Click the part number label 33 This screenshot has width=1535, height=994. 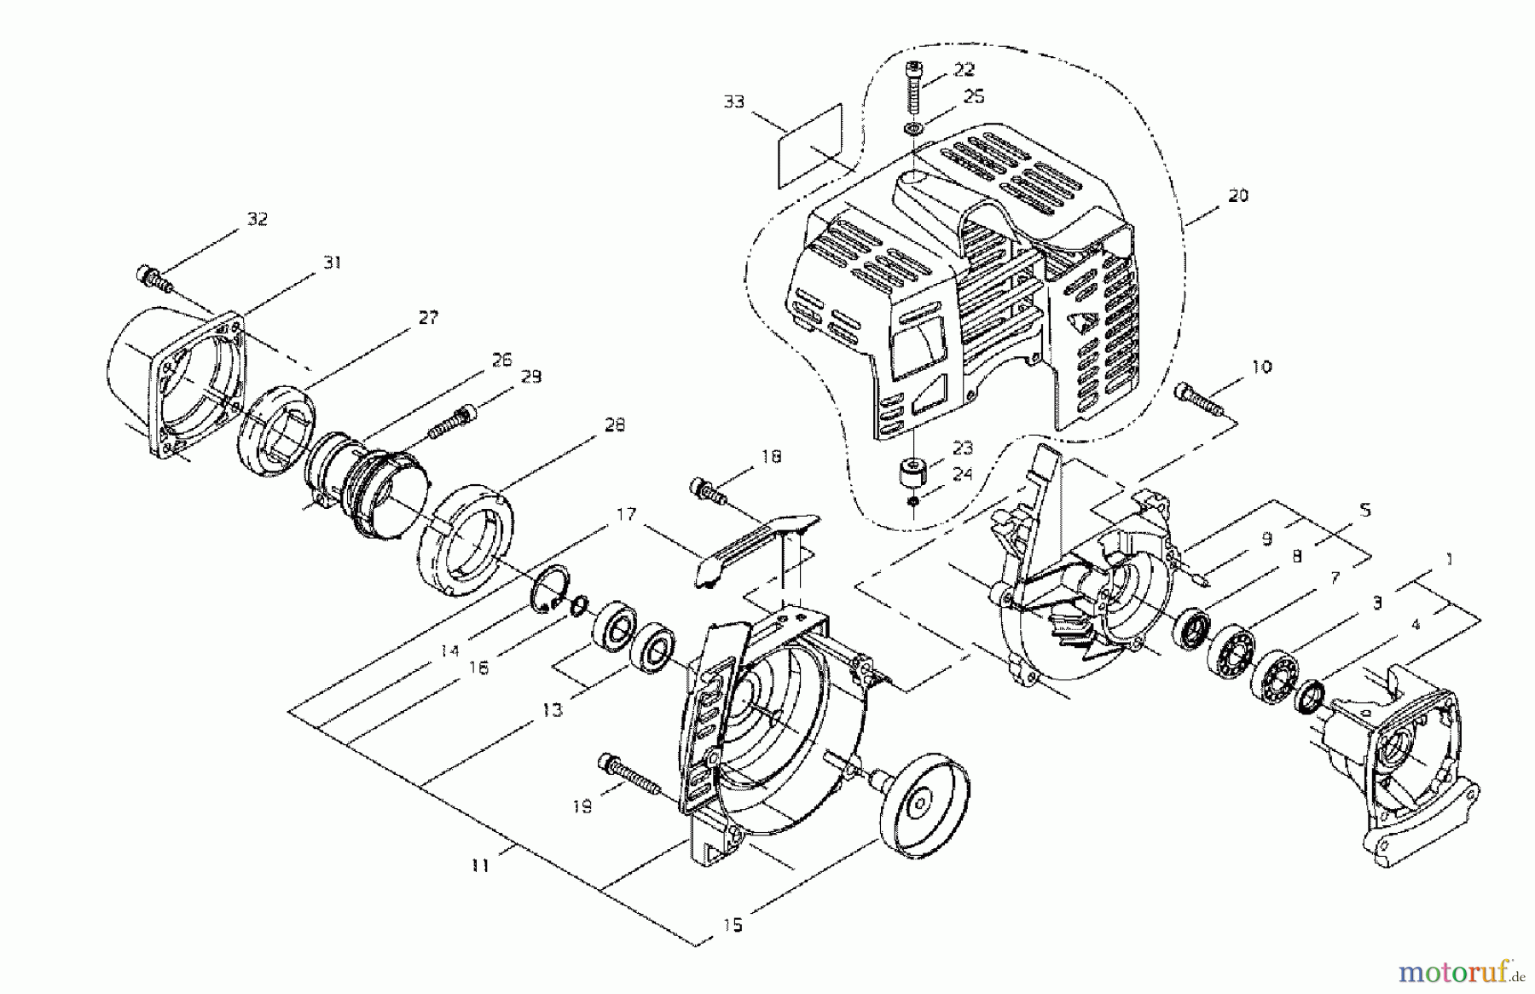coord(733,102)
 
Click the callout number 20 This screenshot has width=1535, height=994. coord(1237,195)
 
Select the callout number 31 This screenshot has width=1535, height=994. coord(332,263)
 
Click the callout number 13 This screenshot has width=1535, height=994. coord(553,709)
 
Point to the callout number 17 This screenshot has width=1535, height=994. coord(627,514)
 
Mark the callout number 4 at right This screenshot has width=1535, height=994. coord(1415,625)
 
